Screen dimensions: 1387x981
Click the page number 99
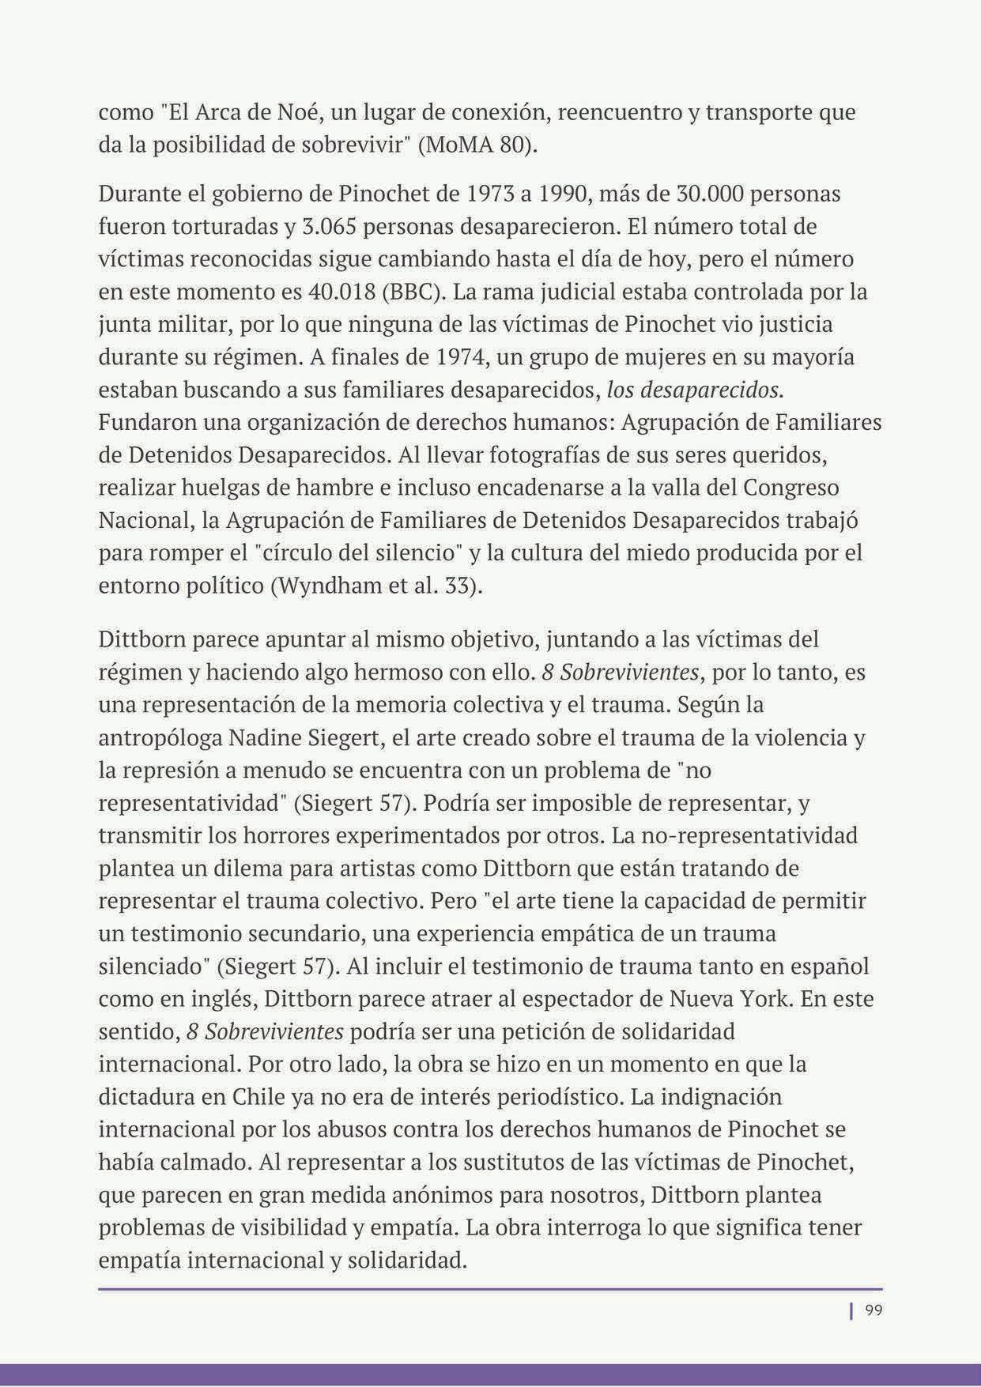(x=873, y=1310)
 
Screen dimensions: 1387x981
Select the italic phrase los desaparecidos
(x=694, y=390)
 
